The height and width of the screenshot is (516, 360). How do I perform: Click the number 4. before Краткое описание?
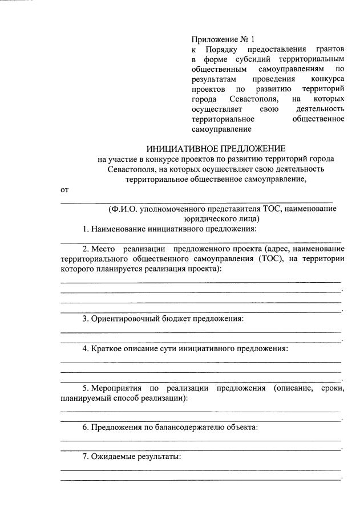pos(87,348)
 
